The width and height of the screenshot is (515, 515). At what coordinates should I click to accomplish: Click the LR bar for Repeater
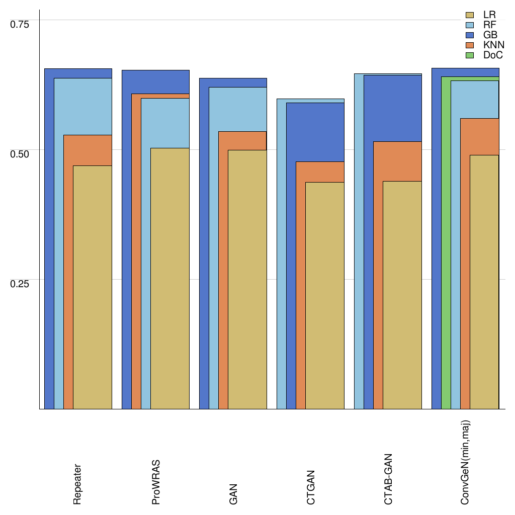(x=93, y=287)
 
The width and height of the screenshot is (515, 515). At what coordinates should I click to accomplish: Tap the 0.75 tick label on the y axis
(x=20, y=24)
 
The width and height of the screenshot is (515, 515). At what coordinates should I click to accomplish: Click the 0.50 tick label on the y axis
(x=20, y=153)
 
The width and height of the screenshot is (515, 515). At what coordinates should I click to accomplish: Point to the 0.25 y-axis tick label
(x=20, y=284)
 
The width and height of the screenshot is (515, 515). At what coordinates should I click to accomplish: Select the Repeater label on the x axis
(x=77, y=484)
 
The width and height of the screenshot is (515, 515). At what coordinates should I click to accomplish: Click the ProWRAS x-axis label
(x=155, y=482)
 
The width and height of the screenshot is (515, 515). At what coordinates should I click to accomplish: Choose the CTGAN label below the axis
(x=311, y=487)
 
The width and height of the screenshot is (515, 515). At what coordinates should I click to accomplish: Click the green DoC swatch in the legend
(x=470, y=55)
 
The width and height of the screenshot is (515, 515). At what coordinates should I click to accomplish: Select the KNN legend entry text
(x=493, y=45)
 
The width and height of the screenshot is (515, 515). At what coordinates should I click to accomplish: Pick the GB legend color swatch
(x=470, y=35)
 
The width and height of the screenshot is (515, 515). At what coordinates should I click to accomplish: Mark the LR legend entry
(x=489, y=15)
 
